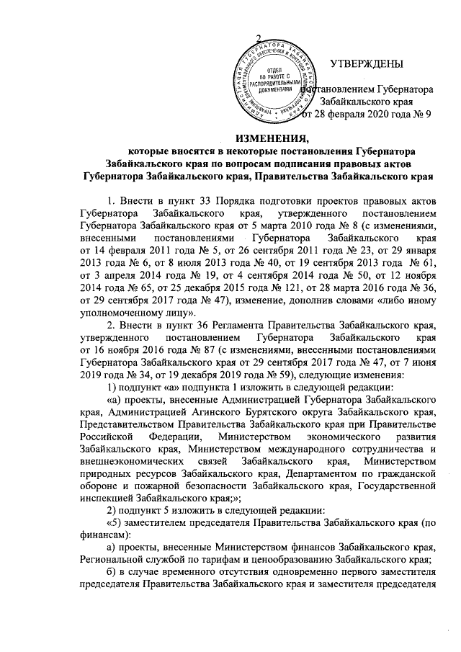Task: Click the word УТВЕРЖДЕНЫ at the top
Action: tap(366, 66)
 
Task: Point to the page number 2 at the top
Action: tap(259, 37)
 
